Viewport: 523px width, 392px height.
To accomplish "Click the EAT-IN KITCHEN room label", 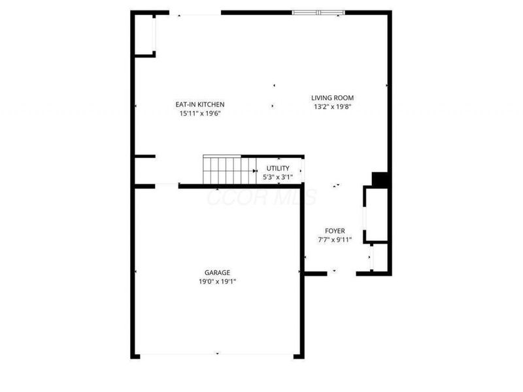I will tap(200, 105).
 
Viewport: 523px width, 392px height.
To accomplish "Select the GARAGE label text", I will tap(216, 273).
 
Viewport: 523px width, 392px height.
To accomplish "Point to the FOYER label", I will tap(335, 231).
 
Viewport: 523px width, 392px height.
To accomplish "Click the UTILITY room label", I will tap(278, 169).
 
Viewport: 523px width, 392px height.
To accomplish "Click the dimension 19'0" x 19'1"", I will tap(216, 282).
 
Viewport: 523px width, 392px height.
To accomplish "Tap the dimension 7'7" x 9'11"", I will tap(335, 240).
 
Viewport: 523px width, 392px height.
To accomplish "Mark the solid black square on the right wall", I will tap(380, 179).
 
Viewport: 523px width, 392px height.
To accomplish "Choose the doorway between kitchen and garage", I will tap(167, 186).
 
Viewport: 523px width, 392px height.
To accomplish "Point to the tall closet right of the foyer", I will tap(377, 214).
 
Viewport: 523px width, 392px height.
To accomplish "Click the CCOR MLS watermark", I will tap(261, 197).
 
